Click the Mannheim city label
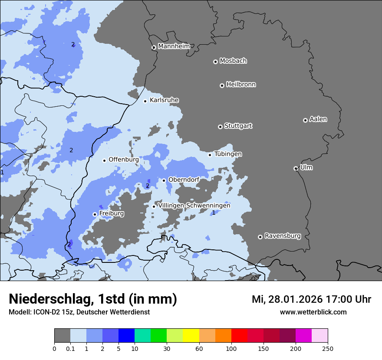coord(174,46)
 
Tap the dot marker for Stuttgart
coord(220,127)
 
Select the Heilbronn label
coord(241,85)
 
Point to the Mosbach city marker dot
coord(215,62)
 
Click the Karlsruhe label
coord(164,100)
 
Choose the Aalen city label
coord(318,119)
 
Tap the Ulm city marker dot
coord(296,168)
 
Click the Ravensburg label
coord(283,236)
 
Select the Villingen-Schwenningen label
coord(194,206)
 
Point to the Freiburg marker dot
coord(95,214)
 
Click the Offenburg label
coord(124,160)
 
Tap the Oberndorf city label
coord(184,180)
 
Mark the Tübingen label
coord(228,154)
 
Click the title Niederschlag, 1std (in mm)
coord(93,299)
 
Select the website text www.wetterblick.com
coord(313,312)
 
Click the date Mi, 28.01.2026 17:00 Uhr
coord(311,299)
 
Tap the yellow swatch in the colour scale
coord(191,336)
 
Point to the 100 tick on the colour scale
coord(231,348)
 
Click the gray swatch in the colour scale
coord(62,336)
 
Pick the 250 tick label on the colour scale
coord(328,348)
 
